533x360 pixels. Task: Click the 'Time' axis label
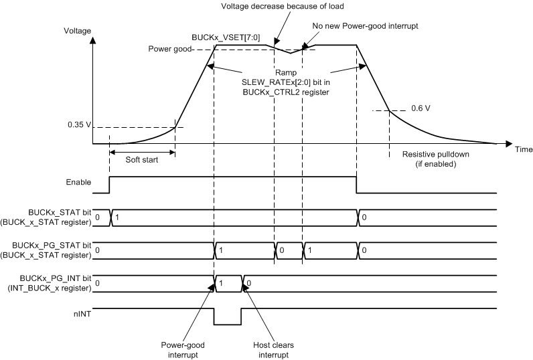(x=524, y=149)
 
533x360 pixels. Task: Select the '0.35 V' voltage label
(x=79, y=124)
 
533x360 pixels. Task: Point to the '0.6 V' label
(x=421, y=108)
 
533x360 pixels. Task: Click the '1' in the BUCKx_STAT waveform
(x=117, y=218)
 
